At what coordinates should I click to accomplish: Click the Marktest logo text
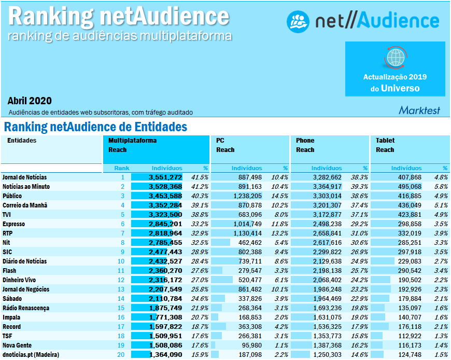pyautogui.click(x=419, y=110)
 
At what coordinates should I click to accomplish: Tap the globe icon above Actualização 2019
pyautogui.click(x=395, y=57)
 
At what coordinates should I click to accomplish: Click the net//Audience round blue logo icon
pyautogui.click(x=298, y=21)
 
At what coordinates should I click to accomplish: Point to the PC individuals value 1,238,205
pyautogui.click(x=245, y=196)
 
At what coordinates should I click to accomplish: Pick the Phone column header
pyautogui.click(x=305, y=141)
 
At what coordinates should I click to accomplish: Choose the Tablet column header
pyautogui.click(x=385, y=141)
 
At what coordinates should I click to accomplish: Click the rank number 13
pyautogui.click(x=121, y=289)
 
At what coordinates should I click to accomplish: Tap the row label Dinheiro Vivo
pyautogui.click(x=19, y=280)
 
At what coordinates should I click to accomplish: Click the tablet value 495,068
pyautogui.click(x=406, y=186)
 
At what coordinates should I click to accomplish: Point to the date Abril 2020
pyautogui.click(x=30, y=101)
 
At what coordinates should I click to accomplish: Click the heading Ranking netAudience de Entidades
pyautogui.click(x=95, y=127)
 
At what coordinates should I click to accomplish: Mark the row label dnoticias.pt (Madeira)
pyautogui.click(x=31, y=354)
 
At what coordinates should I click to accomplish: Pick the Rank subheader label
pyautogui.click(x=122, y=168)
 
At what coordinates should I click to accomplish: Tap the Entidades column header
pyautogui.click(x=22, y=141)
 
